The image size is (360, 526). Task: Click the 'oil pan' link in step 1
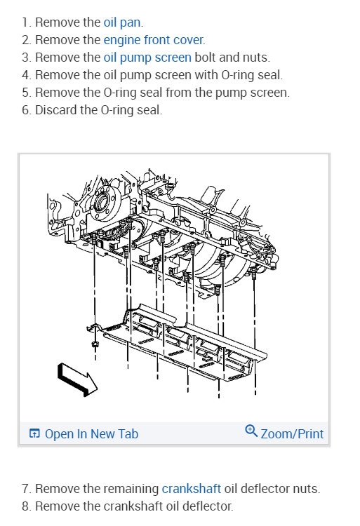click(x=123, y=22)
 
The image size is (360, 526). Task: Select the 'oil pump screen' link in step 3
click(x=147, y=58)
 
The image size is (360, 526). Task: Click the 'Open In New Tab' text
click(x=91, y=433)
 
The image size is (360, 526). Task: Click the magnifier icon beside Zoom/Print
click(x=251, y=431)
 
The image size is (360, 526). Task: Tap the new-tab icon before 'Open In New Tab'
click(x=34, y=434)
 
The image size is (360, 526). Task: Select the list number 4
click(x=26, y=75)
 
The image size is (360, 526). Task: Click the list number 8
click(x=26, y=506)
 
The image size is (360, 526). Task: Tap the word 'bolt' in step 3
click(x=206, y=58)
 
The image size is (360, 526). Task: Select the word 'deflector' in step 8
click(x=208, y=506)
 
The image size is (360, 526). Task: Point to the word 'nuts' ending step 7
click(x=306, y=488)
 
